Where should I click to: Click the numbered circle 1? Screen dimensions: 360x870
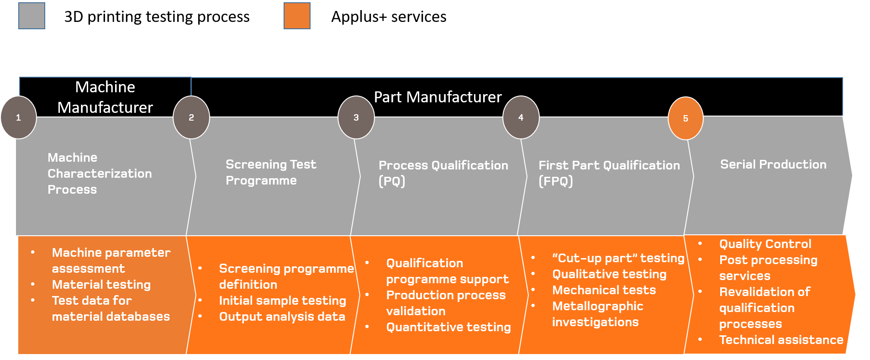(18, 117)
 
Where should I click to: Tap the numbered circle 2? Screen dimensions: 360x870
(191, 117)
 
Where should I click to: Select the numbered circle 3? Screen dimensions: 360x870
(356, 117)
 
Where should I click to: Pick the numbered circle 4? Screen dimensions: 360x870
(521, 117)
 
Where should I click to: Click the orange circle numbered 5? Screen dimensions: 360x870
(685, 118)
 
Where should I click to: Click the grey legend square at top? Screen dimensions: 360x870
(32, 16)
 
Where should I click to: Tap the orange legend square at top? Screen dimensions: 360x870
(297, 16)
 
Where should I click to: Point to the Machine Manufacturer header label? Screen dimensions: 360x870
(105, 97)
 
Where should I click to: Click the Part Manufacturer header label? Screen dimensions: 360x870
(438, 97)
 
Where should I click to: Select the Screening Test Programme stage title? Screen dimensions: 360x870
(270, 172)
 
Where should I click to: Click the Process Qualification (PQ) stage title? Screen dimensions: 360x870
(443, 173)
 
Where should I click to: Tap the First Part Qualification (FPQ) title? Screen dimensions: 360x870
(609, 173)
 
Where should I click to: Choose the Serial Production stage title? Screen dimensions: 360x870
(773, 164)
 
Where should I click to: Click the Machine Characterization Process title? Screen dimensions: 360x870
(99, 173)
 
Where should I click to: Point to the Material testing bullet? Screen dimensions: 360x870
(101, 285)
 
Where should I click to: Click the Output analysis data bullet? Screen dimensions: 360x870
(282, 317)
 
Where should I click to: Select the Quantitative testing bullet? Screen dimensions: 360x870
(448, 327)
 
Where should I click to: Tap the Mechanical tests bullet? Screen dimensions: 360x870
(604, 290)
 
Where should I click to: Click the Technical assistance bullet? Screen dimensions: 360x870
(781, 340)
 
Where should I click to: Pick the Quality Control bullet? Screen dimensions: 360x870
(765, 244)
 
